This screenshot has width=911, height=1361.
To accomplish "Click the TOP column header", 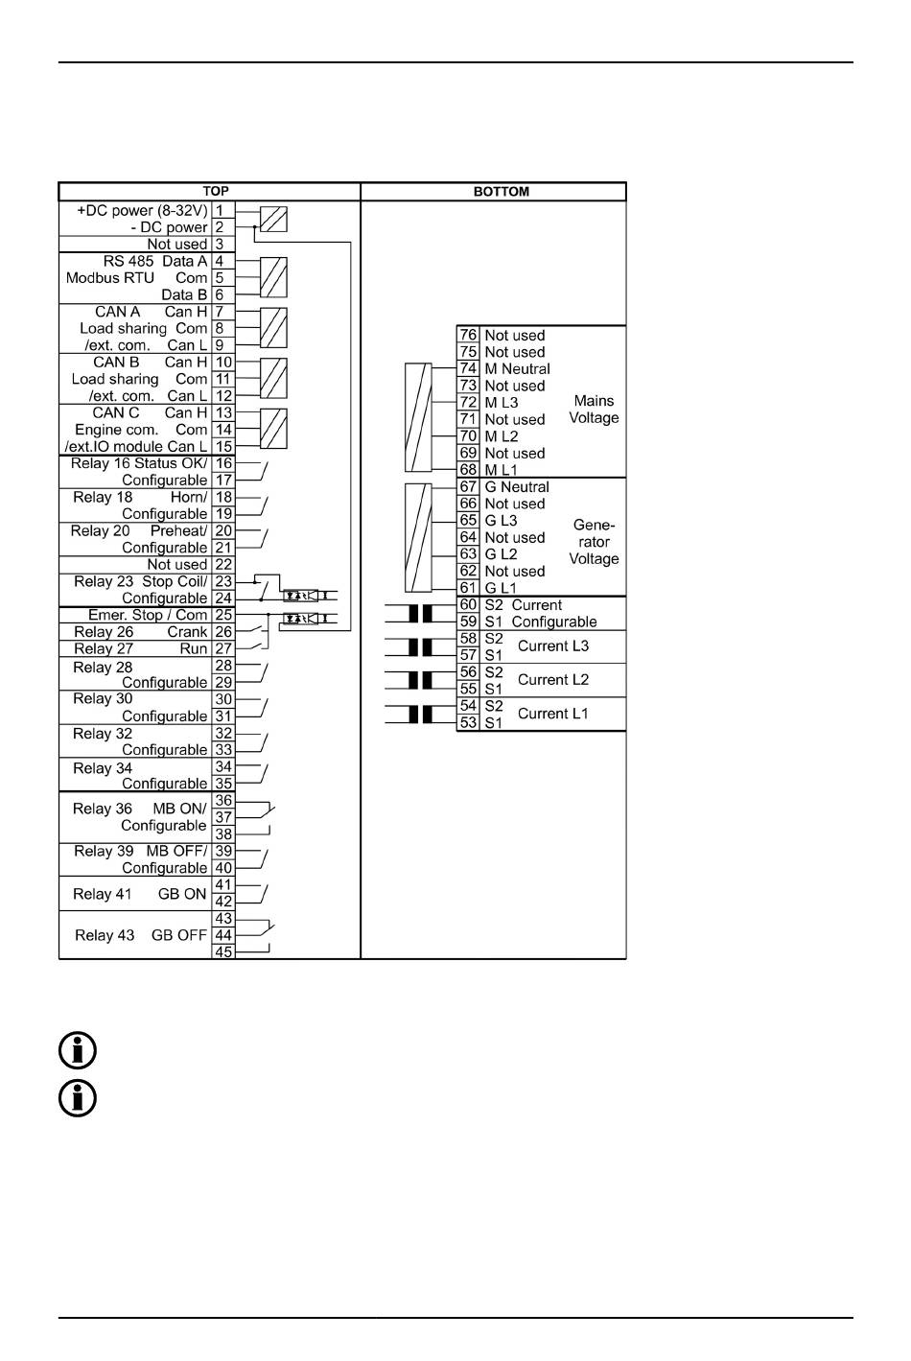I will [216, 191].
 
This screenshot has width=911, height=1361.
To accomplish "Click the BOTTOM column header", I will [501, 191].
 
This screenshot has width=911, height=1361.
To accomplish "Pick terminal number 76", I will [468, 335].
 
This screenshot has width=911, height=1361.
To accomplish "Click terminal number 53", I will [468, 722].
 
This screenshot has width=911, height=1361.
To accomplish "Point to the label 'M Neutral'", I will [517, 368].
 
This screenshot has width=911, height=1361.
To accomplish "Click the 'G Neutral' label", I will [517, 486].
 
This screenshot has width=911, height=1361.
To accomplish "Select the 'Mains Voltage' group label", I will [594, 410].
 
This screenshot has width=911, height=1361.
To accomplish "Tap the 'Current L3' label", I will [553, 645].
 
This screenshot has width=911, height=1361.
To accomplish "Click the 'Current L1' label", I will [553, 714].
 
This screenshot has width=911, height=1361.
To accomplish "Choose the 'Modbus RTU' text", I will [110, 278].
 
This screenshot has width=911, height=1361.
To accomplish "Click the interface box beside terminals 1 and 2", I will [274, 220].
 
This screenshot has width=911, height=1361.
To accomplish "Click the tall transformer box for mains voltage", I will [418, 417].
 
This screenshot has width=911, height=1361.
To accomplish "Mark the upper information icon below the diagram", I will [78, 1051].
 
